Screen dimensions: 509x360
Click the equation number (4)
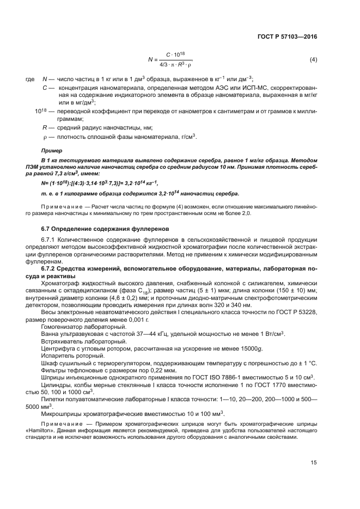313,59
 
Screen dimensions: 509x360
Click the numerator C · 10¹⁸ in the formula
174,55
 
